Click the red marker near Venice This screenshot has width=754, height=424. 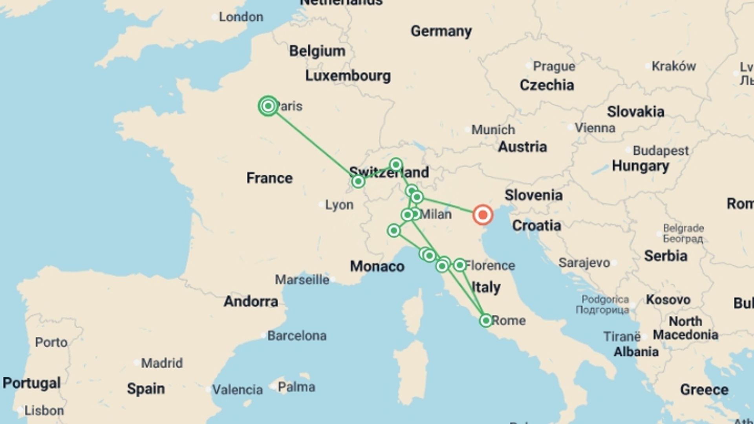tap(483, 215)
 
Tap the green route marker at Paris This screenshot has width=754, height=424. tap(268, 106)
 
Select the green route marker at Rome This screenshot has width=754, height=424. tap(486, 320)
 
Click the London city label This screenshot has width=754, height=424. tap(241, 17)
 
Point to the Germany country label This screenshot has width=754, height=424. tap(441, 31)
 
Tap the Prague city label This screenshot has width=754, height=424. tap(554, 66)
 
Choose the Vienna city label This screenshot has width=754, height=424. tap(595, 128)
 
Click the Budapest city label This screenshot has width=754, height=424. tap(661, 150)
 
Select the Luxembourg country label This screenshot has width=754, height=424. tap(348, 76)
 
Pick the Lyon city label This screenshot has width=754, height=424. tap(339, 205)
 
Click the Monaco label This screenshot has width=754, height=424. tap(377, 266)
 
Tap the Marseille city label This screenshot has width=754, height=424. tap(302, 280)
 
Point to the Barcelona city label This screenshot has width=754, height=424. tap(296, 336)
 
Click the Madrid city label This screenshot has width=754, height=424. tap(162, 363)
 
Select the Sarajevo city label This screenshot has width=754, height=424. tap(584, 263)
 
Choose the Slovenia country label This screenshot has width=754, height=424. tap(533, 195)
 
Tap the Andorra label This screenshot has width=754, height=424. tap(251, 302)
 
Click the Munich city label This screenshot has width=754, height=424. tap(493, 130)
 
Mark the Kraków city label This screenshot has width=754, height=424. tap(673, 66)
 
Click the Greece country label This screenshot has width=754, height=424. tap(704, 389)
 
